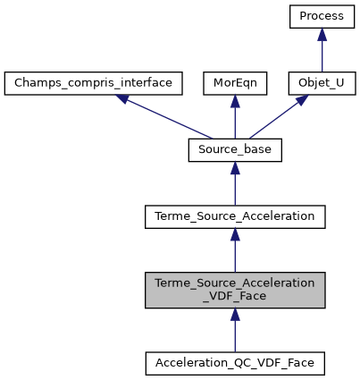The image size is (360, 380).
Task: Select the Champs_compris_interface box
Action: [93, 84]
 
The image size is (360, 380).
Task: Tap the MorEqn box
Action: [235, 84]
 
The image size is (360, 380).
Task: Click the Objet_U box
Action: [322, 84]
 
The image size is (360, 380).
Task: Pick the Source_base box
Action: [235, 150]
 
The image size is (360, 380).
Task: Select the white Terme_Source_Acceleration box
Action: [235, 216]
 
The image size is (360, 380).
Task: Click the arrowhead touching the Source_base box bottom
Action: [235, 170]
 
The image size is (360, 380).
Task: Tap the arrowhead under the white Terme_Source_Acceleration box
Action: [235, 236]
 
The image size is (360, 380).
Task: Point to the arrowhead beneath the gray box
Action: [235, 317]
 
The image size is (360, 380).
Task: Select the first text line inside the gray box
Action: [235, 283]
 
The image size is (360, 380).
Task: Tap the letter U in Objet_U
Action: [338, 84]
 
